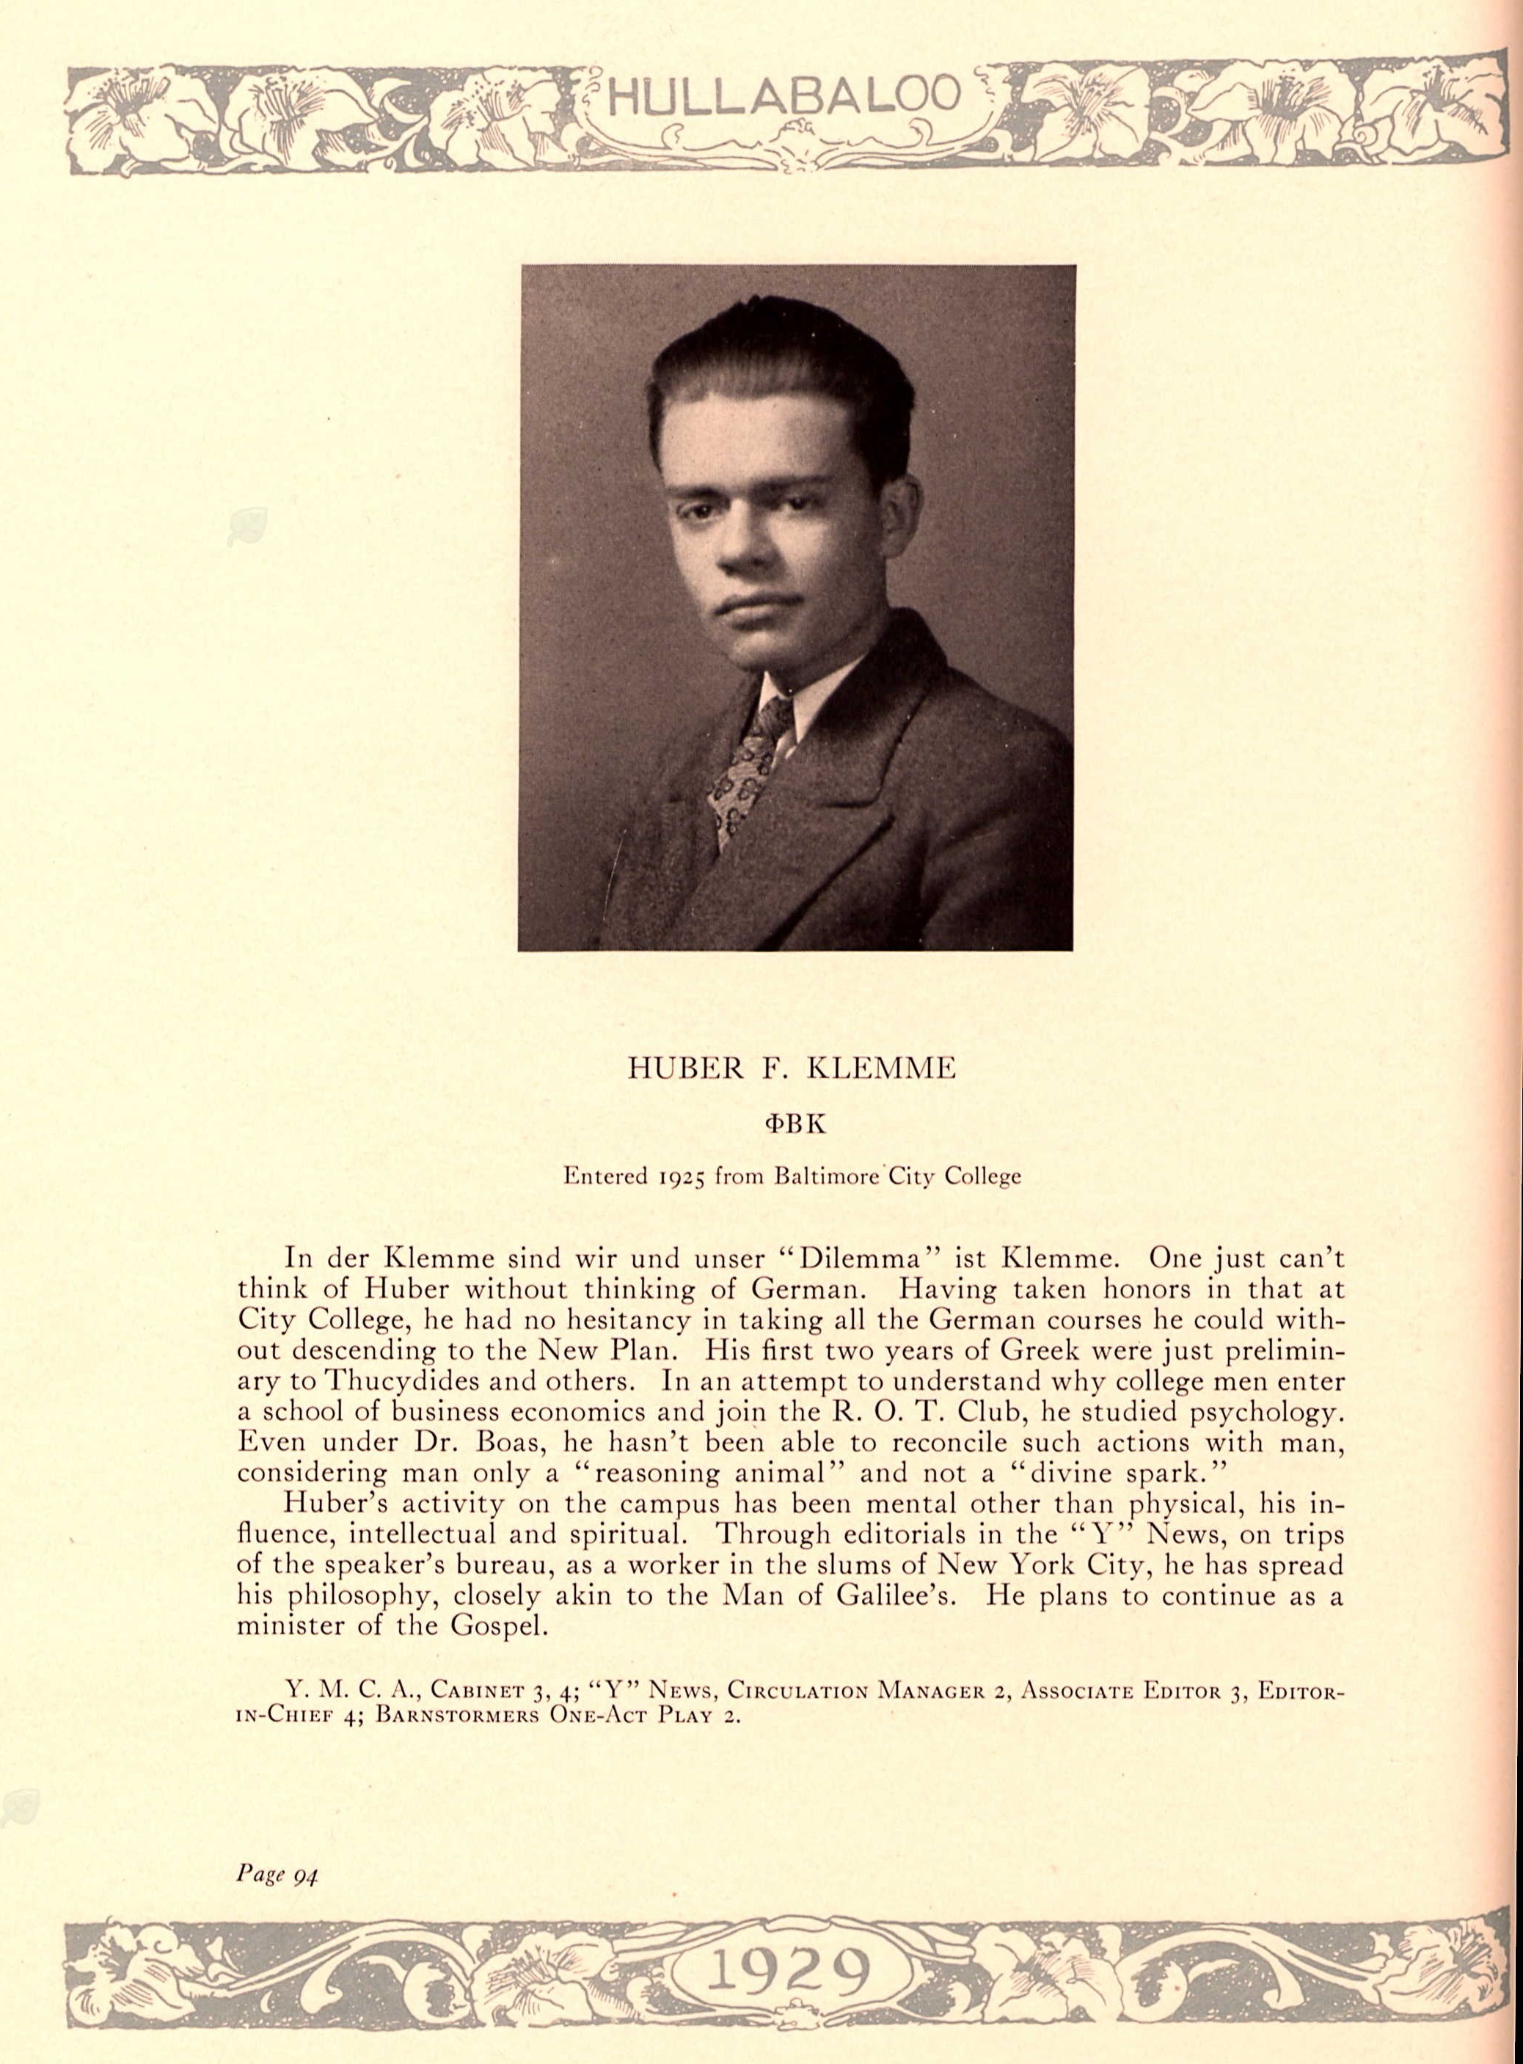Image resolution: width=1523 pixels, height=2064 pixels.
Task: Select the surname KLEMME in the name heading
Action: [883, 1069]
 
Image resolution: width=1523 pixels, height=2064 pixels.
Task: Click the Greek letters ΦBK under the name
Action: [792, 1124]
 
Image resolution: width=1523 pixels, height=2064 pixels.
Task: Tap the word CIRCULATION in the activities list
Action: [800, 1691]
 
